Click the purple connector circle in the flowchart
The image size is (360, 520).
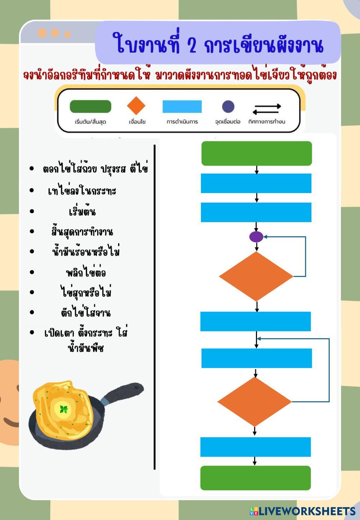point(256,237)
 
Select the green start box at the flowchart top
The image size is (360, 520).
point(256,153)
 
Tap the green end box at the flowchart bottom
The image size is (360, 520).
point(255,478)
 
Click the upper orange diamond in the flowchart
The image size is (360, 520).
point(256,276)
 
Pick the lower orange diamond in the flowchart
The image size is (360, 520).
point(255,402)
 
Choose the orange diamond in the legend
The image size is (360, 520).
point(136,106)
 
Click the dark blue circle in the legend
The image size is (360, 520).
point(228,107)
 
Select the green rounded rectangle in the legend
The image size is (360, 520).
point(90,107)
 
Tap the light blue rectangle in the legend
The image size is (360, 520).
point(182,107)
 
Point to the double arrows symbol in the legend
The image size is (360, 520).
point(267,109)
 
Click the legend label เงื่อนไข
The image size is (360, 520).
point(137,122)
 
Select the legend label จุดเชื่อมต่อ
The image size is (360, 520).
point(228,122)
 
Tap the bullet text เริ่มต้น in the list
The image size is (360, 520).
point(82,211)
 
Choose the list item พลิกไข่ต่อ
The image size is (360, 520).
point(86,272)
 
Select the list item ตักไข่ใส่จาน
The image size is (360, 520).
point(86,313)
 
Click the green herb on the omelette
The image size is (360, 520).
point(64,409)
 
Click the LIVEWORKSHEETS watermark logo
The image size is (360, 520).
point(302,511)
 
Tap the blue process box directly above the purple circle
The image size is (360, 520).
point(256,212)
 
